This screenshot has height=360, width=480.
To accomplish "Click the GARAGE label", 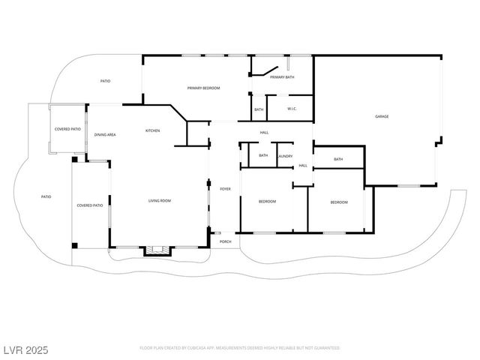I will click(382, 116).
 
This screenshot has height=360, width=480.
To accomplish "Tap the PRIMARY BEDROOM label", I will click(203, 88).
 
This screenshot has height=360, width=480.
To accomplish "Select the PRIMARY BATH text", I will click(282, 77).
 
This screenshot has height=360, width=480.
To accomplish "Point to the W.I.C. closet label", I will click(292, 109).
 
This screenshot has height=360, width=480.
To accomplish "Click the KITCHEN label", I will click(152, 131).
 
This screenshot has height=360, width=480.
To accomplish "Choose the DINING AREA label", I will click(105, 135).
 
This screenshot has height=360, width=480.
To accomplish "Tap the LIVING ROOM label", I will click(159, 200).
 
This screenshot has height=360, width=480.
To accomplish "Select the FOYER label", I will click(225, 189).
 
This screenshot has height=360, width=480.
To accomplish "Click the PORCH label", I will click(225, 242).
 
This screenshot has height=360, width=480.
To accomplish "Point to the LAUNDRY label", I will click(285, 156).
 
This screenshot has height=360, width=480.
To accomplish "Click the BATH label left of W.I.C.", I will click(259, 109).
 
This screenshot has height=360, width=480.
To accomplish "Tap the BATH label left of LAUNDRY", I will click(263, 155).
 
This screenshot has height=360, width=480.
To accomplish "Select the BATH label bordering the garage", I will click(338, 159).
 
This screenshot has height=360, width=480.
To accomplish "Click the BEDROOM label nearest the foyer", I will click(267, 201).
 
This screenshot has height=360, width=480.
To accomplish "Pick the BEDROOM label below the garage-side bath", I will click(339, 202).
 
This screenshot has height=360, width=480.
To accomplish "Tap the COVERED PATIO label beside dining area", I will click(67, 129).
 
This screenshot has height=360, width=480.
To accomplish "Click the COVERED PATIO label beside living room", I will click(90, 205).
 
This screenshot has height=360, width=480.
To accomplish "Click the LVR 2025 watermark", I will click(25, 349).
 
